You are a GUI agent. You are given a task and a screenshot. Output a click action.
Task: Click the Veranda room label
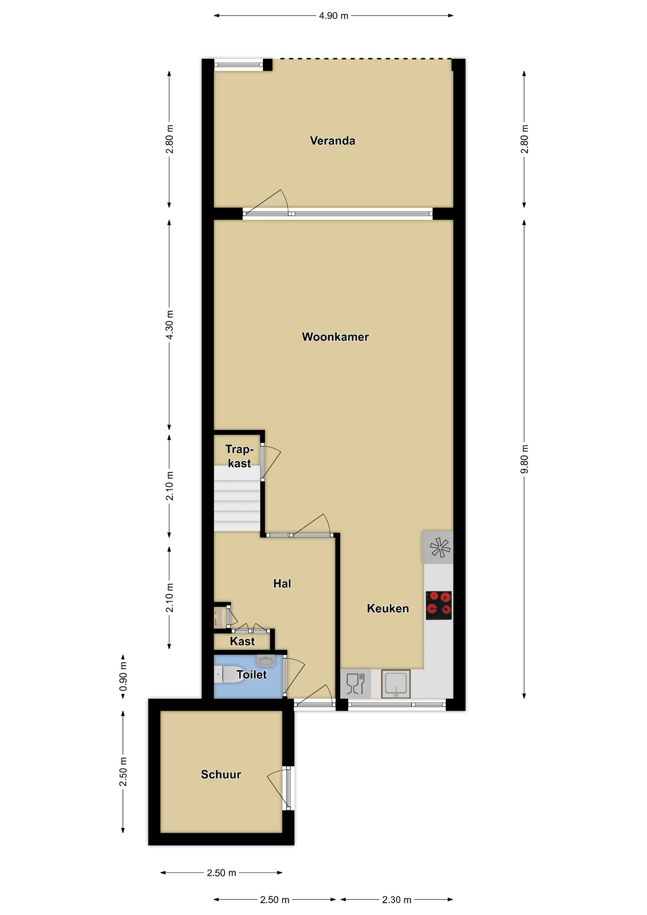click(333, 141)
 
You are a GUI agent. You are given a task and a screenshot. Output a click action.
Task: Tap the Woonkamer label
click(335, 337)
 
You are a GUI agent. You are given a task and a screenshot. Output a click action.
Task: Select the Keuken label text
click(388, 609)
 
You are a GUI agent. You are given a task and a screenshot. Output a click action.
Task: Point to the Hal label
click(282, 583)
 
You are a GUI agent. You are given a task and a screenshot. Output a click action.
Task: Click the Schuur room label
click(221, 774)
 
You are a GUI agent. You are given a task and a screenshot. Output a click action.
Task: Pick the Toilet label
click(252, 674)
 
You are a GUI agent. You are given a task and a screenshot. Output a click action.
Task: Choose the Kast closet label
click(243, 641)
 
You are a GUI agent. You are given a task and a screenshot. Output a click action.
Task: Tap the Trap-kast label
click(239, 456)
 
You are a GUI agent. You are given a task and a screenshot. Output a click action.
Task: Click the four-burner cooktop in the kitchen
click(439, 605)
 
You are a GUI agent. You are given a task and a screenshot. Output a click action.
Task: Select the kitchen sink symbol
click(396, 684)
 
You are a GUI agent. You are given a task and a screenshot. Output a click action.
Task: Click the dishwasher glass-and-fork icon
click(355, 684)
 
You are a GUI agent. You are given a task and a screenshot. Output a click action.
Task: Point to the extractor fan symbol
click(440, 548)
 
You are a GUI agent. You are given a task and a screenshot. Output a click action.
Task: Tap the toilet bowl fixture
click(229, 674)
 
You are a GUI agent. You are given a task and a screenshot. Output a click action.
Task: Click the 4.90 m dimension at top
click(334, 16)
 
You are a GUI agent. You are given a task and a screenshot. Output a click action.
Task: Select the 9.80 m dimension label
click(525, 459)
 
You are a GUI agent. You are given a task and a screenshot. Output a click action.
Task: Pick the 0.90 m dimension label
click(123, 676)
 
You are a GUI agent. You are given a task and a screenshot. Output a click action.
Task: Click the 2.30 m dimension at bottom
click(396, 900)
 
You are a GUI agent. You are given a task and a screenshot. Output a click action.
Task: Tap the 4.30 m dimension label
click(170, 325)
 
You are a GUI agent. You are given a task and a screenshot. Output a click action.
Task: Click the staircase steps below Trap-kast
click(237, 498)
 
